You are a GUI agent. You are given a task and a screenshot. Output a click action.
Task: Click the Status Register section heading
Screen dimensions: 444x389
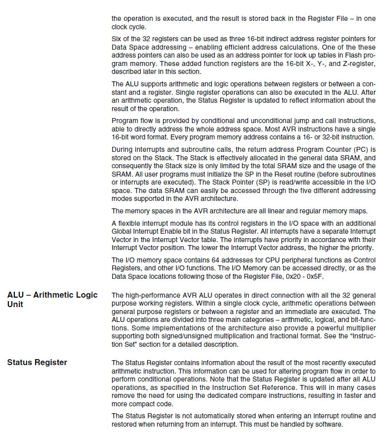37,362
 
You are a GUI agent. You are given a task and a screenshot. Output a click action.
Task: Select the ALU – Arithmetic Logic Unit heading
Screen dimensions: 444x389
53,300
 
